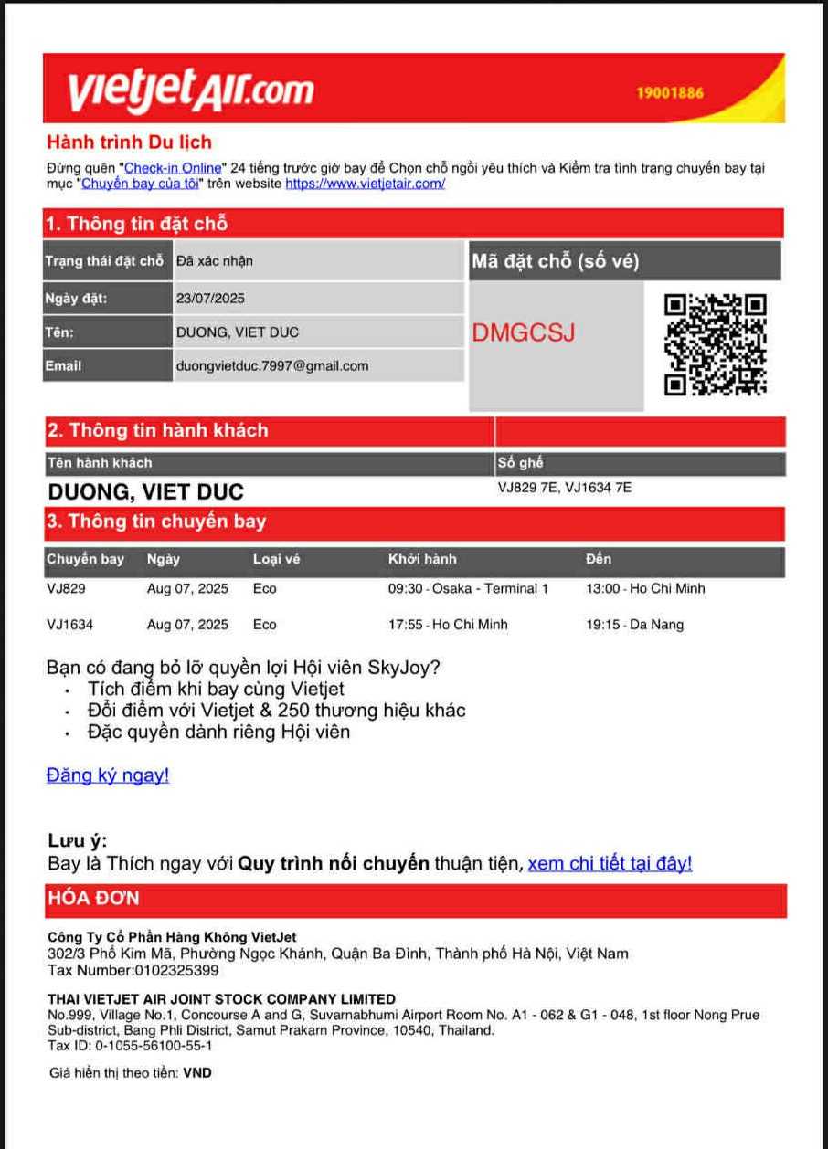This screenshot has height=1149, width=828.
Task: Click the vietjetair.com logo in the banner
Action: pyautogui.click(x=190, y=89)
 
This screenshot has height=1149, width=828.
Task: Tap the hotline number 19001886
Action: pyautogui.click(x=670, y=93)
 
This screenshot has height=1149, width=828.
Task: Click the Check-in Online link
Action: pyautogui.click(x=173, y=168)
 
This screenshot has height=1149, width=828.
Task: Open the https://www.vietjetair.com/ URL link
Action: pyautogui.click(x=366, y=184)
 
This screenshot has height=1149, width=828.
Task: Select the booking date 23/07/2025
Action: pyautogui.click(x=210, y=299)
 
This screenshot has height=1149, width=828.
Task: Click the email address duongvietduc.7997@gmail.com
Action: pyautogui.click(x=272, y=366)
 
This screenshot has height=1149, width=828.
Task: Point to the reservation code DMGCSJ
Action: pyautogui.click(x=524, y=333)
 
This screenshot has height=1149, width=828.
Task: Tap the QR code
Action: pyautogui.click(x=715, y=344)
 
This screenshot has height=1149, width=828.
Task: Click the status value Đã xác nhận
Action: pyautogui.click(x=215, y=261)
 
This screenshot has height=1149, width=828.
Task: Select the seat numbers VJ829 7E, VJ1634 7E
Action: pyautogui.click(x=564, y=488)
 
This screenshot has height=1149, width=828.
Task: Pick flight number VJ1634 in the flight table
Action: pyautogui.click(x=69, y=626)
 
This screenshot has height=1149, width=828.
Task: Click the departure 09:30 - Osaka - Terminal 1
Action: pyautogui.click(x=468, y=589)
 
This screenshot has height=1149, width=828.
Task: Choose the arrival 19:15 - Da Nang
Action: pyautogui.click(x=634, y=626)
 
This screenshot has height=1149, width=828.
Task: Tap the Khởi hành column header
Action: pyautogui.click(x=421, y=559)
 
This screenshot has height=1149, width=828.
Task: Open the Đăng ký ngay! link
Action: pyautogui.click(x=108, y=775)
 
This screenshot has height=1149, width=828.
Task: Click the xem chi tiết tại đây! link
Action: pyautogui.click(x=610, y=864)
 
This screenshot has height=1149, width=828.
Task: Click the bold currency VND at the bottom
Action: pyautogui.click(x=197, y=1073)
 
